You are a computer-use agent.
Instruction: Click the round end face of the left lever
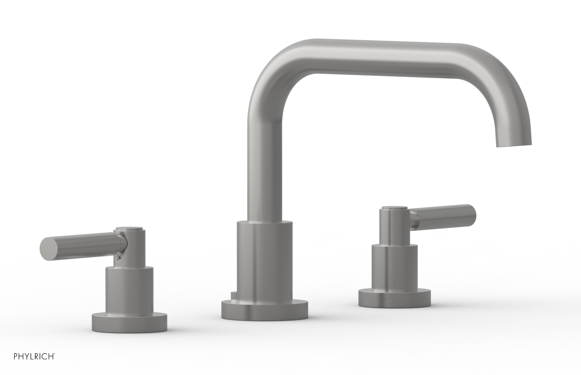coord(44,249)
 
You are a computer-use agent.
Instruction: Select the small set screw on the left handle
coord(119,257)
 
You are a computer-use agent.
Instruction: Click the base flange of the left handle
coord(129,322)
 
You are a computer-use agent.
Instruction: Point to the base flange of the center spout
coord(264,311)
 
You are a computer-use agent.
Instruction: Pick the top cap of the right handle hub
coord(394,208)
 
